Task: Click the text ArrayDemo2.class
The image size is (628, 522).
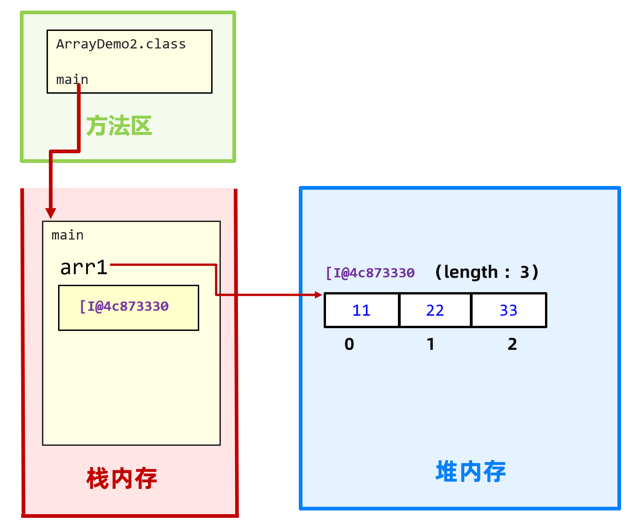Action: pyautogui.click(x=121, y=44)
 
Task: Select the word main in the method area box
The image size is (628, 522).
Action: pyautogui.click(x=72, y=80)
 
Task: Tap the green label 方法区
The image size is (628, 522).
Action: pyautogui.click(x=119, y=126)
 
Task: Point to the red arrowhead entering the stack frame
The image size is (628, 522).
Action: pyautogui.click(x=51, y=213)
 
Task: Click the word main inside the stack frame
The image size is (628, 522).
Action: pyautogui.click(x=67, y=235)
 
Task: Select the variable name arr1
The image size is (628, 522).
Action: pyautogui.click(x=84, y=268)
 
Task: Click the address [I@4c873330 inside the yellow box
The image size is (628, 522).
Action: pyautogui.click(x=124, y=306)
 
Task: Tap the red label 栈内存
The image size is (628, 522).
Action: pyautogui.click(x=122, y=479)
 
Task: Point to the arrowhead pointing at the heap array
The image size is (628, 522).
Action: pyautogui.click(x=318, y=295)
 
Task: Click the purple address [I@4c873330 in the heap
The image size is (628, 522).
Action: pyautogui.click(x=370, y=273)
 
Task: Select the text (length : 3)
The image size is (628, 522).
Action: pyautogui.click(x=486, y=272)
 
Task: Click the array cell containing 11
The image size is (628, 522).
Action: pyautogui.click(x=361, y=311)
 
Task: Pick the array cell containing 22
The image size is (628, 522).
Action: pyautogui.click(x=435, y=311)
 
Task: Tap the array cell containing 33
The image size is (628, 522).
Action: pyautogui.click(x=509, y=311)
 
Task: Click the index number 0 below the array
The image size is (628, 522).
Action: pyautogui.click(x=350, y=344)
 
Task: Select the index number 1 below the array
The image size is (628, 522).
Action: pyautogui.click(x=431, y=344)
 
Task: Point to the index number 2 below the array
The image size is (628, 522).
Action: pyautogui.click(x=512, y=344)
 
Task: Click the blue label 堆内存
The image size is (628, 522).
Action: pyautogui.click(x=470, y=472)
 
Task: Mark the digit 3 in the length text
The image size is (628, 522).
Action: pyautogui.click(x=524, y=272)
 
